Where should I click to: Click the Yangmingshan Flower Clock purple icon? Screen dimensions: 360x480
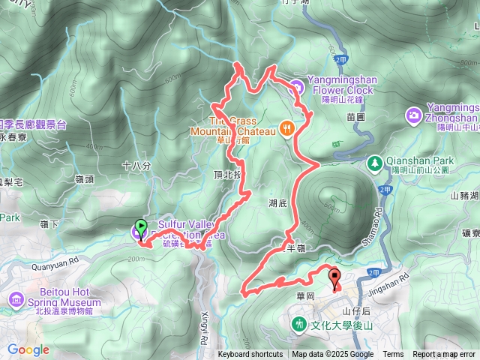(296, 87)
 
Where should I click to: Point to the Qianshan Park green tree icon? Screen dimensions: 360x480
(373, 162)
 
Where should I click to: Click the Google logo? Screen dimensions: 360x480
(28, 349)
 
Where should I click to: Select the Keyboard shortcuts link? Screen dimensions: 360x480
(250, 355)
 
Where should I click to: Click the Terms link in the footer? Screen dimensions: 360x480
(393, 355)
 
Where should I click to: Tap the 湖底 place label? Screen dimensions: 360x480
(278, 202)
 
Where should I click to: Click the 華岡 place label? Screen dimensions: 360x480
(304, 295)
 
